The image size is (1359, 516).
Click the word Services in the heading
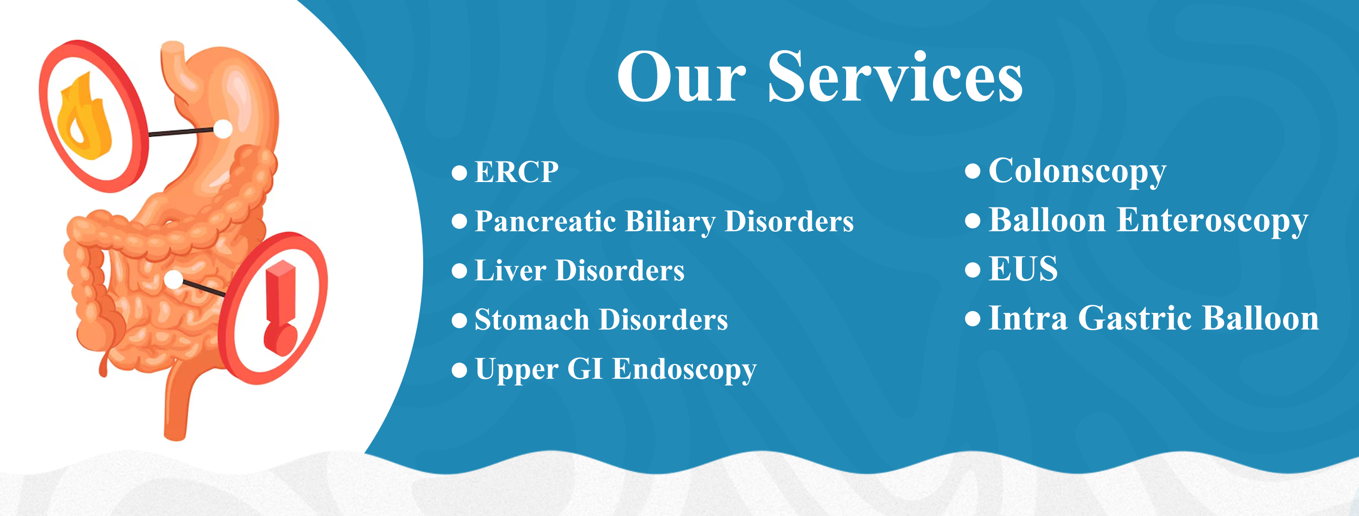[895, 77]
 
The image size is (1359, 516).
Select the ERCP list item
[516, 172]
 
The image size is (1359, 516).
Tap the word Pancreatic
[545, 221]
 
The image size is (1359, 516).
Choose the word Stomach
[532, 319]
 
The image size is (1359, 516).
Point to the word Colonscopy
[1077, 172]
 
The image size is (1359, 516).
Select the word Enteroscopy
[1212, 221]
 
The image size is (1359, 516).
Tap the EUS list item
[1023, 269]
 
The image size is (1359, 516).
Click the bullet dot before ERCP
[459, 172]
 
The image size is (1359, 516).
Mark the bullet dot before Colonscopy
[972, 171]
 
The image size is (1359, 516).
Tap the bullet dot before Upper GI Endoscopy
[459, 370]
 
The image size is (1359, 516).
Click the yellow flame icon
[84, 117]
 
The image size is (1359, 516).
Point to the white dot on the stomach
[223, 129]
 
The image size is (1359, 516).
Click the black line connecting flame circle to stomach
[181, 132]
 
